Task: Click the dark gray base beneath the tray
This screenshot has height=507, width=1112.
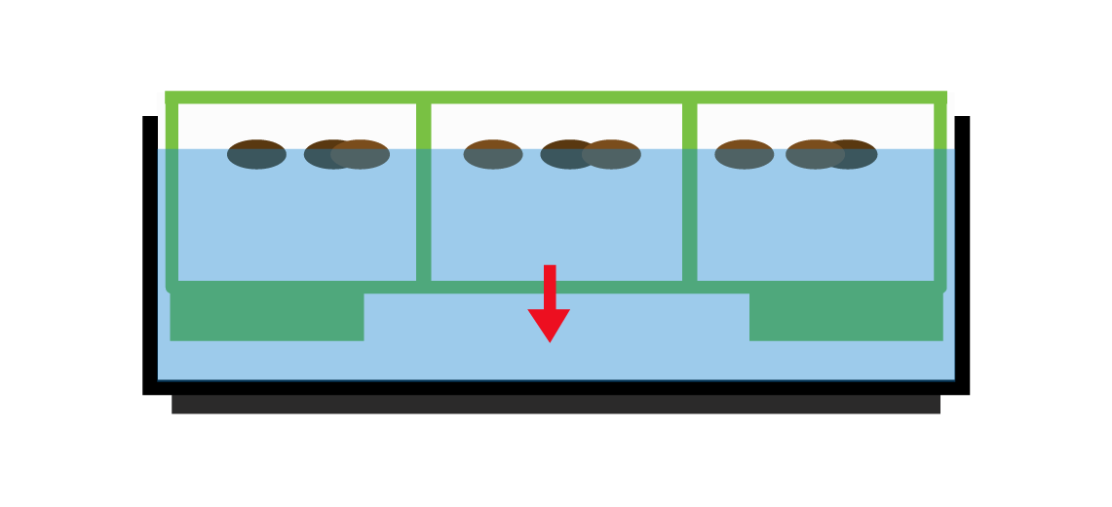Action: coord(556,405)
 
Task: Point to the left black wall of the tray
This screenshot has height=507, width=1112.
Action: coord(150,253)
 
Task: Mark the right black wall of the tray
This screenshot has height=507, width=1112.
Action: coord(962,253)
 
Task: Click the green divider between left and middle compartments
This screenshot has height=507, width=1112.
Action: coord(423,195)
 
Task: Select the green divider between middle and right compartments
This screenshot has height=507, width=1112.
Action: coord(690,195)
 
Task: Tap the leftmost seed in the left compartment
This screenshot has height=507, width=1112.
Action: coord(256,154)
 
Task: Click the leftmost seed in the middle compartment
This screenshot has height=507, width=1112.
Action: coord(492,154)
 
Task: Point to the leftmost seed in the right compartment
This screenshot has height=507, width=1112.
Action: coord(743,154)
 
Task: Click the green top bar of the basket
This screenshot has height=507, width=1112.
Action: coord(556,97)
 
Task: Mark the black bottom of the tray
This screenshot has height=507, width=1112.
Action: coord(556,387)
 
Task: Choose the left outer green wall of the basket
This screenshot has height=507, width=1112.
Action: coord(173,195)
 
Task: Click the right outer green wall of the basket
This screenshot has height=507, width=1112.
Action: coord(940,195)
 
